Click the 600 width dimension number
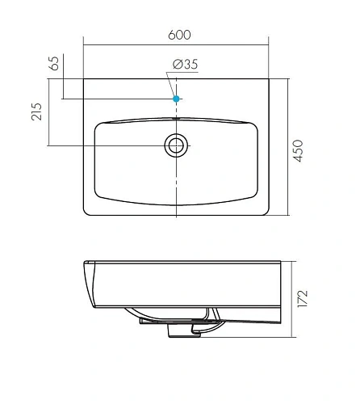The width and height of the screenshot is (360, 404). (180, 35)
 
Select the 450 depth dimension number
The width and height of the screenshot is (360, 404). (299, 149)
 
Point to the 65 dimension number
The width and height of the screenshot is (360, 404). (54, 65)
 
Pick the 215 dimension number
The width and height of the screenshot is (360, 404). (37, 112)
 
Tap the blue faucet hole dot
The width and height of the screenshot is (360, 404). (176, 99)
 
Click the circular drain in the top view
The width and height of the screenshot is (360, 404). (176, 145)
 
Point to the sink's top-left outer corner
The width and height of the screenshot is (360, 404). (85, 79)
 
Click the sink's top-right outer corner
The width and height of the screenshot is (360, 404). (269, 79)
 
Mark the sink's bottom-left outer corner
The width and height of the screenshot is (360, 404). (86, 215)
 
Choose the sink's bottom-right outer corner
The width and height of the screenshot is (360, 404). (268, 215)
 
